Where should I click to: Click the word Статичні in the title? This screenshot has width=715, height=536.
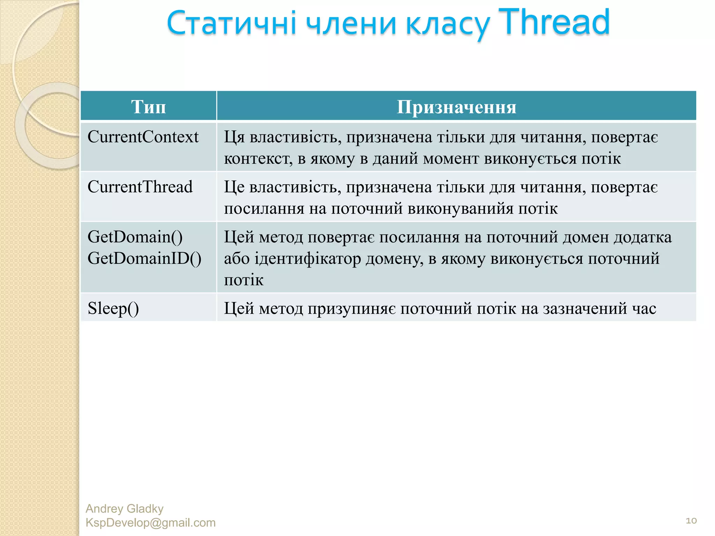231,24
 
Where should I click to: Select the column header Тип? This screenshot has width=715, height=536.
148,106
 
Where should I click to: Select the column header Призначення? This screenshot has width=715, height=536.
456,106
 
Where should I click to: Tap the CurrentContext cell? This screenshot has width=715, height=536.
143,137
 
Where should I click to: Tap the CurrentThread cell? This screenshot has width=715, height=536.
140,187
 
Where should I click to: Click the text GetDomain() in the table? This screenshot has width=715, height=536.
135,237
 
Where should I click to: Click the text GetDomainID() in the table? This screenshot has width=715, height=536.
144,259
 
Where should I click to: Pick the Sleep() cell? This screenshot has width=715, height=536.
113,308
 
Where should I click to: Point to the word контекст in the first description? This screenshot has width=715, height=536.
258,159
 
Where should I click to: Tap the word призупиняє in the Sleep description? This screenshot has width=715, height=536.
352,309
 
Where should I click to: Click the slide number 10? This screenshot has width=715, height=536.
691,521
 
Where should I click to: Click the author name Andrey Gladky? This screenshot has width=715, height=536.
124,509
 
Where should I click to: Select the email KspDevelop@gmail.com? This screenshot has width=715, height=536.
150,523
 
